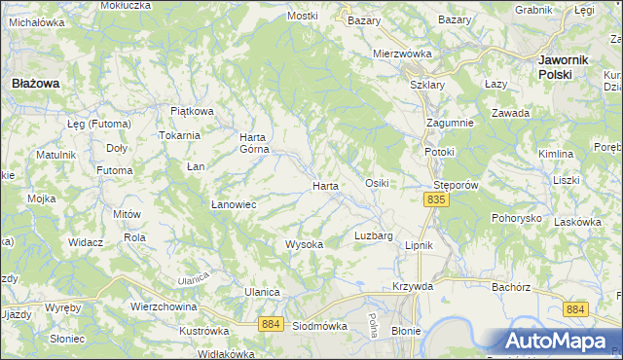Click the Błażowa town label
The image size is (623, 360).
click(x=35, y=84)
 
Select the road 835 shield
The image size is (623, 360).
click(x=435, y=199)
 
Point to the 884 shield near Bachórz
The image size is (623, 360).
click(x=576, y=309)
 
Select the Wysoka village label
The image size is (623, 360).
click(x=304, y=244)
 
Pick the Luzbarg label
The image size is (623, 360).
click(x=374, y=236)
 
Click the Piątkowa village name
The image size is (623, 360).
click(x=192, y=111)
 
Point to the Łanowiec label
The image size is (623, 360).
click(x=234, y=204)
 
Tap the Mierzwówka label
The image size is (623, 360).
click(x=402, y=54)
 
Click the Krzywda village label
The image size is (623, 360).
click(x=413, y=286)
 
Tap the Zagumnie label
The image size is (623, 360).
click(x=450, y=123)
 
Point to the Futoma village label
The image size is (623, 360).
click(x=114, y=170)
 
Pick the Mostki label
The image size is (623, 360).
click(x=303, y=17)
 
